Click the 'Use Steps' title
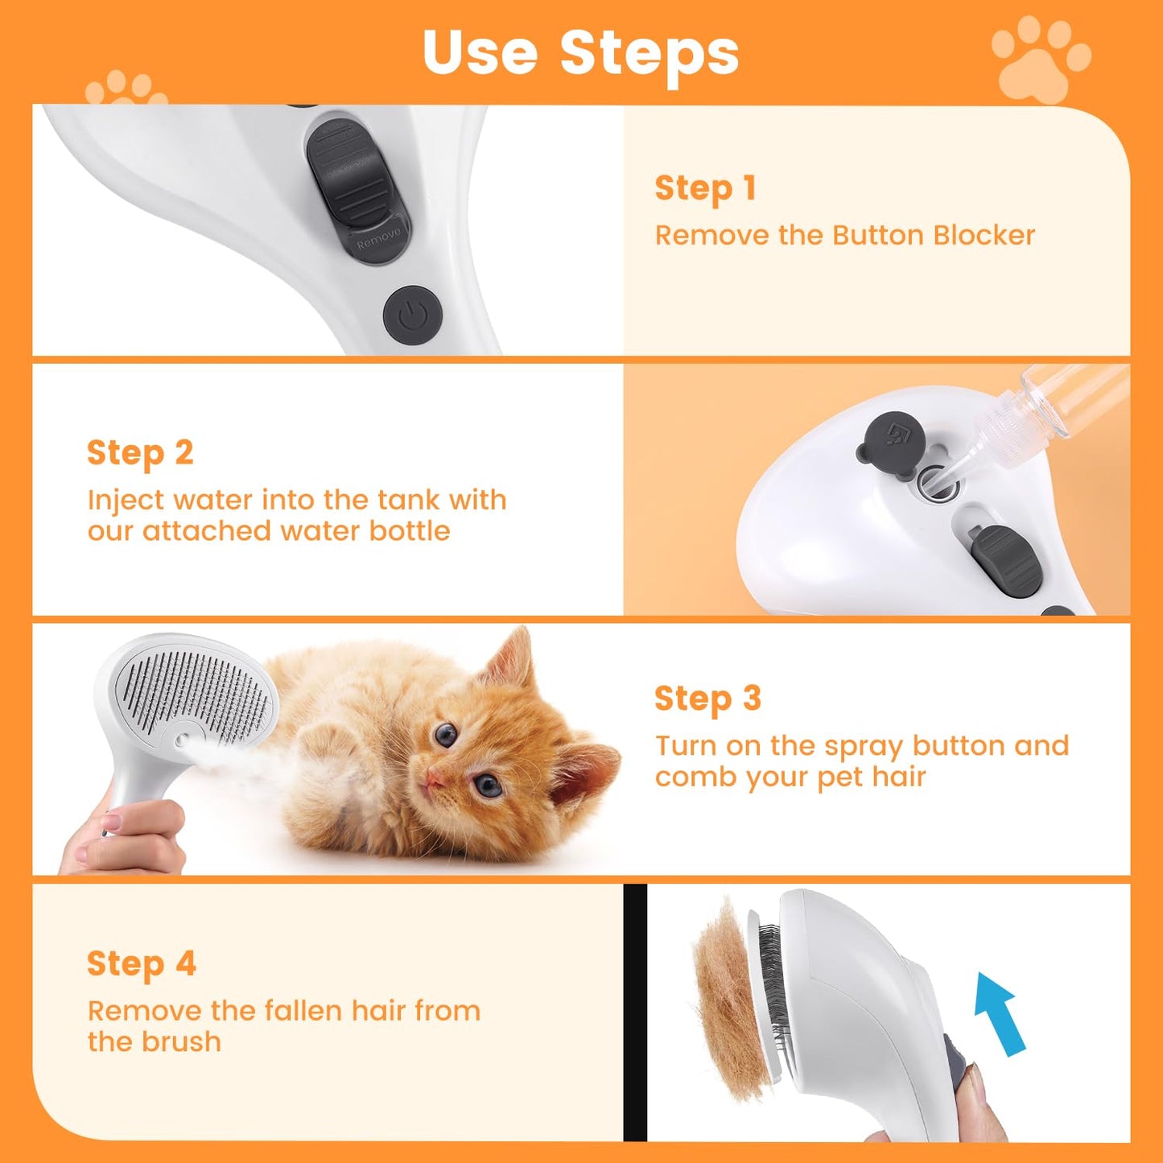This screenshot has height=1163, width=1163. click(x=580, y=53)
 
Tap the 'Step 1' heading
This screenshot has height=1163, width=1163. click(x=705, y=188)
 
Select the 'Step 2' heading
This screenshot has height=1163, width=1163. click(x=140, y=453)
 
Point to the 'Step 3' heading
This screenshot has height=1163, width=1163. click(x=707, y=699)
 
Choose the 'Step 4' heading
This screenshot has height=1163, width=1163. click(x=142, y=964)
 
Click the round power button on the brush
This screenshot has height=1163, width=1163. click(x=413, y=315)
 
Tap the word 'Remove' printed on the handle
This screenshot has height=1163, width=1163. click(x=378, y=237)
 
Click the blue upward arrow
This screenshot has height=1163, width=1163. click(x=998, y=1011)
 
